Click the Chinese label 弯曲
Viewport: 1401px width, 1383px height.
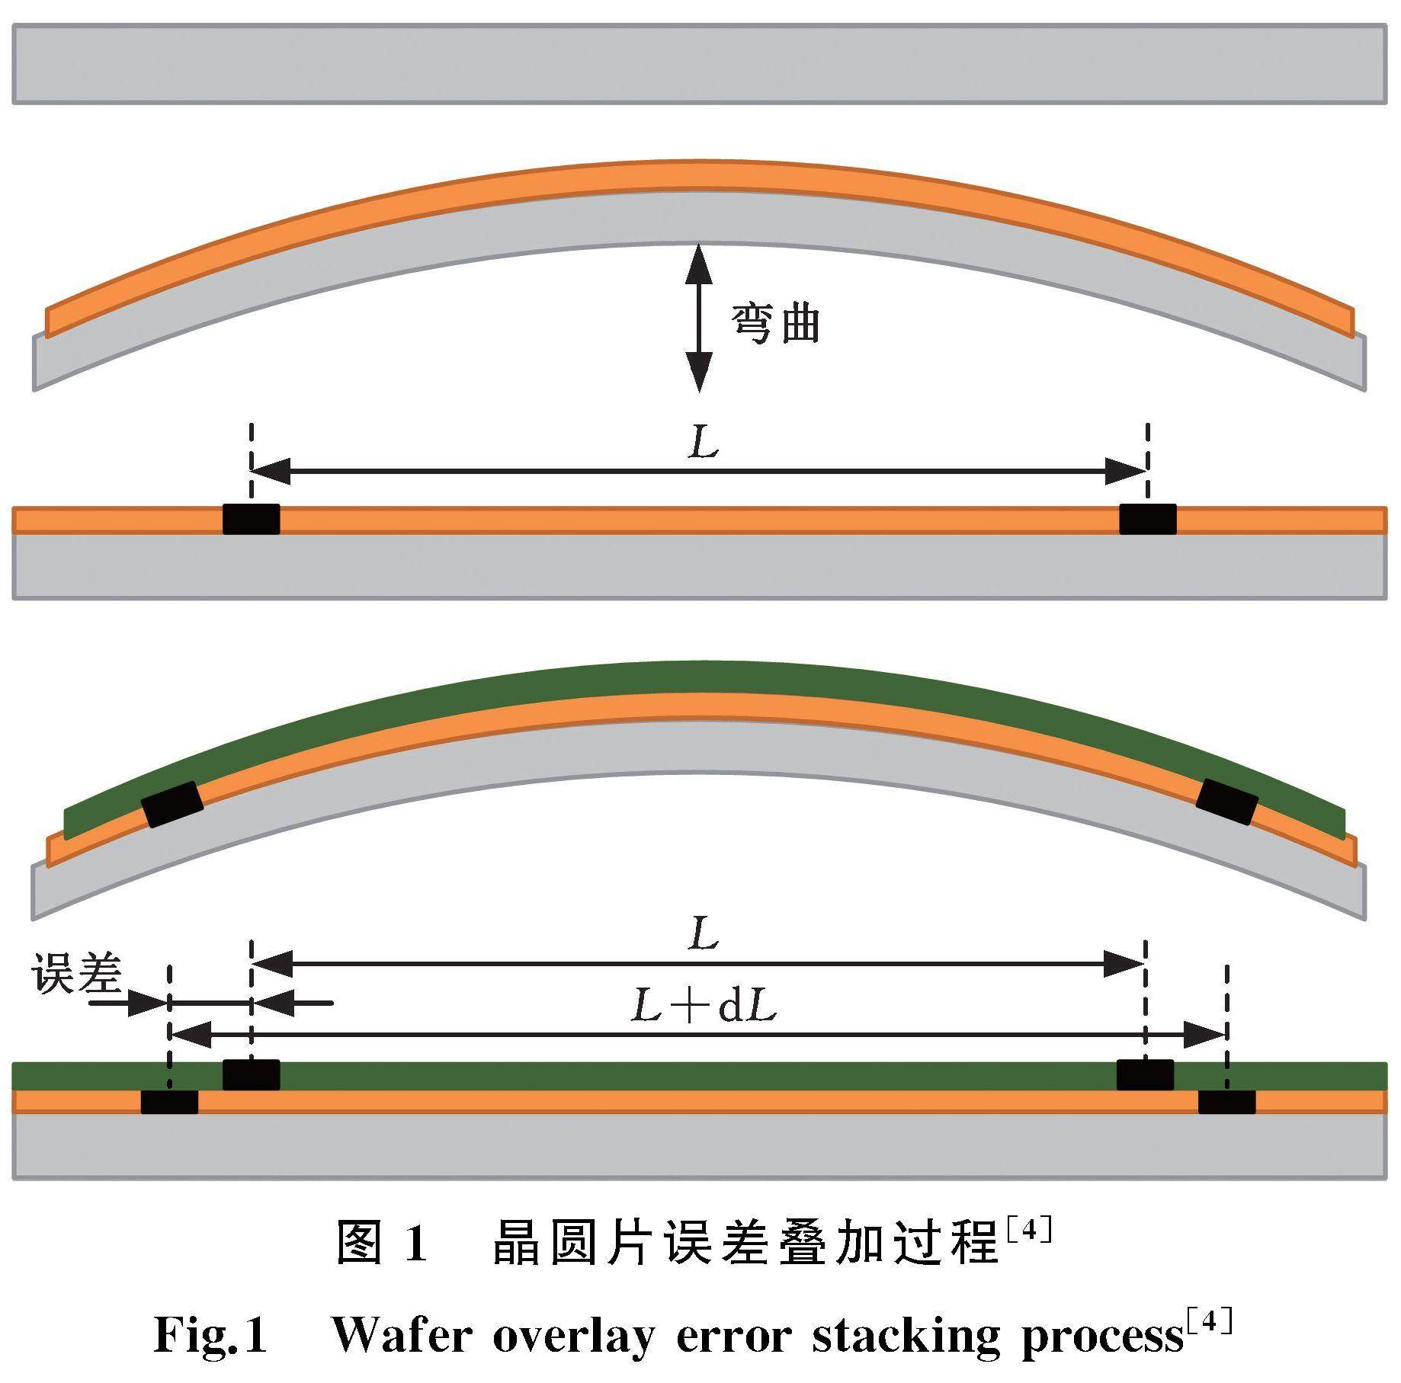tap(776, 323)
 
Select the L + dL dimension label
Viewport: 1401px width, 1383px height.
tap(703, 1007)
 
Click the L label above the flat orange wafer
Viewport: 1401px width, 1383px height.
tap(703, 443)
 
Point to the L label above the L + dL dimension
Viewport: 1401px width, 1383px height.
tap(703, 934)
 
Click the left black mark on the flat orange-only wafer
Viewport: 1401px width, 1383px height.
tap(251, 519)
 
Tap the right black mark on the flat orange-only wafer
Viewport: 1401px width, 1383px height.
tap(1147, 519)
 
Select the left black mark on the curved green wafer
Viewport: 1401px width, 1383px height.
tap(173, 804)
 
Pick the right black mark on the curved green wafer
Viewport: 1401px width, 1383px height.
tap(1226, 802)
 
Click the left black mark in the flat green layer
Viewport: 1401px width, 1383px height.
tap(251, 1074)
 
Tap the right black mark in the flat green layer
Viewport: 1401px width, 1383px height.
tap(1145, 1074)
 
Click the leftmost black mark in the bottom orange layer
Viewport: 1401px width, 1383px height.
tap(169, 1102)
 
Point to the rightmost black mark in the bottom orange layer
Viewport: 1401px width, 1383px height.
tap(1226, 1102)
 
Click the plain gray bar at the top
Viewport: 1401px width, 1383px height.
tap(700, 64)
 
